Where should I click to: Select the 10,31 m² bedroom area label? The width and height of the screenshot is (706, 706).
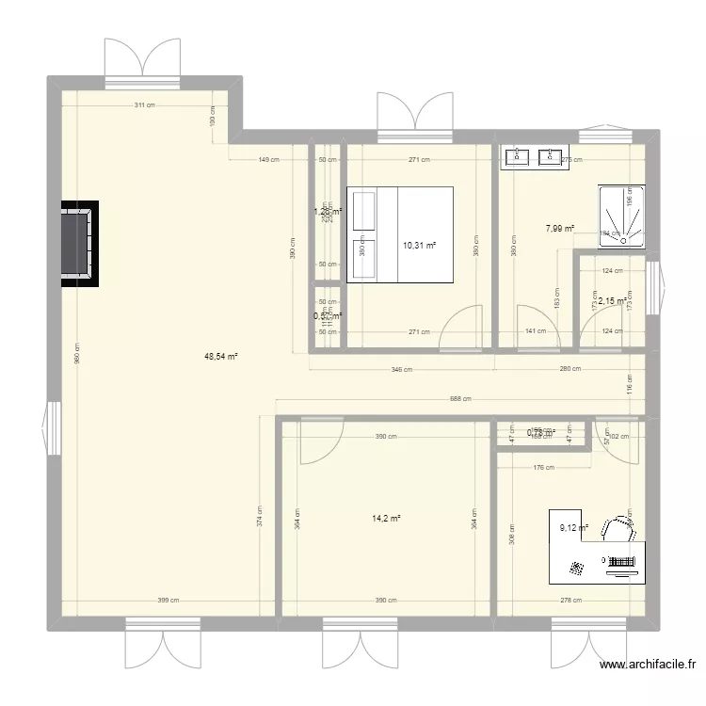(x=419, y=246)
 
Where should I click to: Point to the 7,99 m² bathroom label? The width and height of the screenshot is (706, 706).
(x=559, y=227)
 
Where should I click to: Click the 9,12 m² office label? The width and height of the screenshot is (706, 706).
(x=573, y=528)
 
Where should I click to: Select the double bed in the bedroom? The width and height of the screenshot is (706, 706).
(x=401, y=233)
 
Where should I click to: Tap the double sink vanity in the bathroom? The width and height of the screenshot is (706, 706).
(x=533, y=157)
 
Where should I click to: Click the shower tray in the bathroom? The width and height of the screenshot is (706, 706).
(x=620, y=215)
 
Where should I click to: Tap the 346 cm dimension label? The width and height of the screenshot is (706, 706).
(x=402, y=369)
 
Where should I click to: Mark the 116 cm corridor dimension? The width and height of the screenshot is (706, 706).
(x=630, y=383)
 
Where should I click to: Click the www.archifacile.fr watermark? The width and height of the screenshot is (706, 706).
(x=650, y=666)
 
